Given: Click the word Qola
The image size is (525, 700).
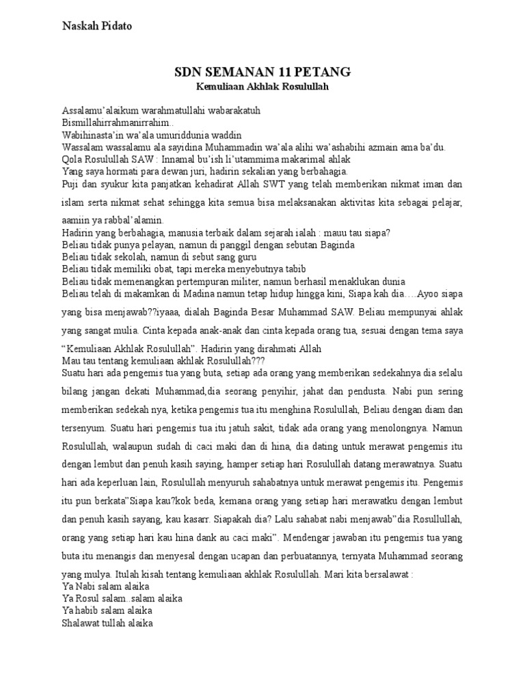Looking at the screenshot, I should coord(72,159).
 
